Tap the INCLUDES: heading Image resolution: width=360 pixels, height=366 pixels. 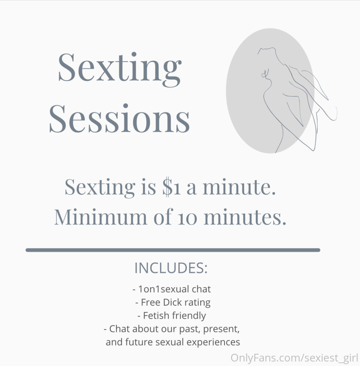tap(171, 268)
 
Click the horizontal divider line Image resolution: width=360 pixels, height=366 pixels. tap(173, 250)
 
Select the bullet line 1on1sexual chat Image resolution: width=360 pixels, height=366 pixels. tap(172, 289)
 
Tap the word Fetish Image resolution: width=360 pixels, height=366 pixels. tap(155, 316)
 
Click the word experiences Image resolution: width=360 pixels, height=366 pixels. tap(213, 342)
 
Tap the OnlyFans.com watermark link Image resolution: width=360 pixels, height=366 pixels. tap(294, 358)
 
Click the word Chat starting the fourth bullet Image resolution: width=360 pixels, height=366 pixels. tap(118, 329)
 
